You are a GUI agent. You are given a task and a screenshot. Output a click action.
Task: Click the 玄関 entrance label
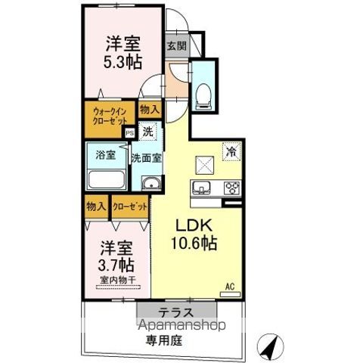176,45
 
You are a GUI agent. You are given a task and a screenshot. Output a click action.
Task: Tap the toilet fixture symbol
203,92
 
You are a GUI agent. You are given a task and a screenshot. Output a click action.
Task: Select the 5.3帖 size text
123,61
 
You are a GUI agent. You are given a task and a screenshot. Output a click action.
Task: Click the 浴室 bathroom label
105,156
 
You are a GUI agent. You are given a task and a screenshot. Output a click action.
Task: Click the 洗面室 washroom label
147,159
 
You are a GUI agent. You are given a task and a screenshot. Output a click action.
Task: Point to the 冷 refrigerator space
231,150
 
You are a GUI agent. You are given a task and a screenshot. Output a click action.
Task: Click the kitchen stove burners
230,189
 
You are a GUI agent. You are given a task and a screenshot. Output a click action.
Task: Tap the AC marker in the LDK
231,287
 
